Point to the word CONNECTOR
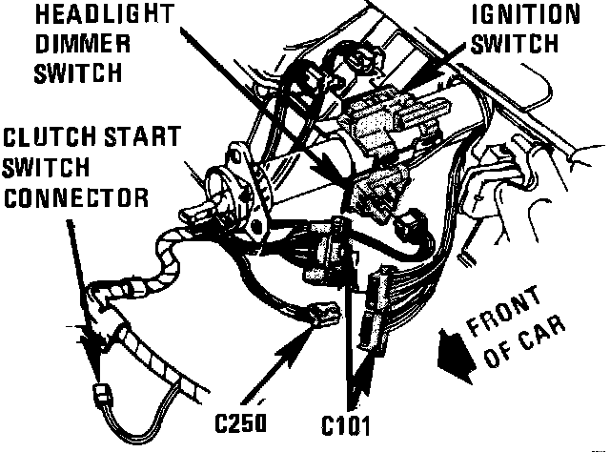pyautogui.click(x=75, y=197)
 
